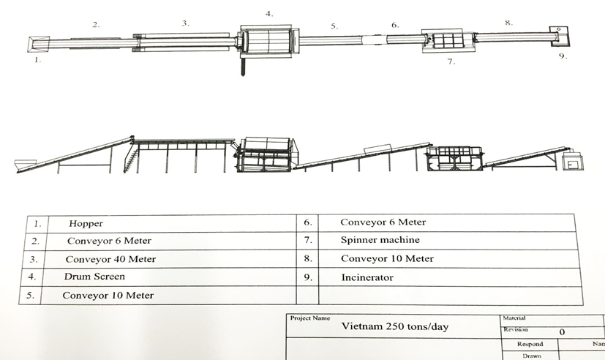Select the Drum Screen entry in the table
[x=94, y=277]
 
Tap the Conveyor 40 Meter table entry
[x=110, y=259]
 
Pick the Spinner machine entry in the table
[x=380, y=240]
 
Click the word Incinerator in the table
[x=367, y=277]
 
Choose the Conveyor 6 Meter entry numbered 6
[x=383, y=222]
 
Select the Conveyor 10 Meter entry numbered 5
[x=108, y=296]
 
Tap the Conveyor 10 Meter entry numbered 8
[x=387, y=258]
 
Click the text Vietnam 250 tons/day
[x=395, y=326]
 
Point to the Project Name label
[x=310, y=318]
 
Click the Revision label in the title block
[x=516, y=330]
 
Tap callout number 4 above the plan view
[x=268, y=14]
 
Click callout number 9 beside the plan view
[x=562, y=56]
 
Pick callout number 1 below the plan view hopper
[x=37, y=61]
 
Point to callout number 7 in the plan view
[x=451, y=62]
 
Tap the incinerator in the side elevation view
[x=571, y=161]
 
